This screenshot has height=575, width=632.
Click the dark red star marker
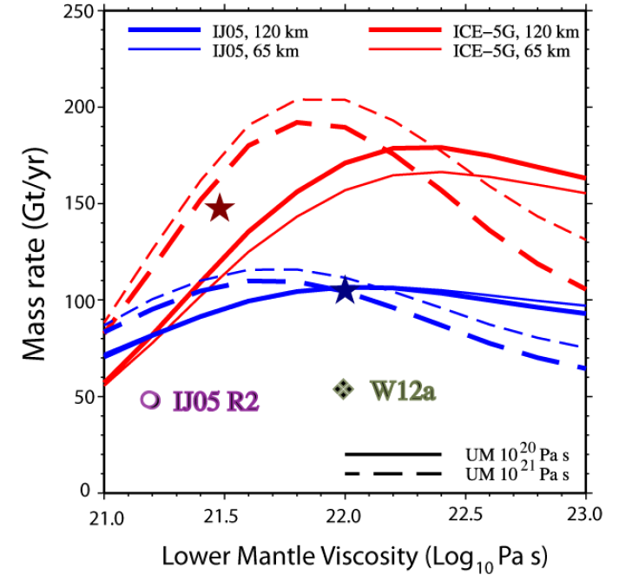(220, 208)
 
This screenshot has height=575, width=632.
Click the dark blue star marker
(345, 291)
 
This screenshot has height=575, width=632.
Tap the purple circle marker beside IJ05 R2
(150, 400)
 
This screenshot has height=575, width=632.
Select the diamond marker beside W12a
(344, 389)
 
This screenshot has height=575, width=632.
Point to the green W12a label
(403, 390)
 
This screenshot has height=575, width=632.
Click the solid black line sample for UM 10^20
(392, 454)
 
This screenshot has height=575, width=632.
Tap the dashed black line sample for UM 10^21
(392, 473)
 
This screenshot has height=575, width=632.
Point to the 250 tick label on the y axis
(78, 12)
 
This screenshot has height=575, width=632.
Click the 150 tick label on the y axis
(78, 204)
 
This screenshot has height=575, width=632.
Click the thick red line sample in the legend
(405, 32)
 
